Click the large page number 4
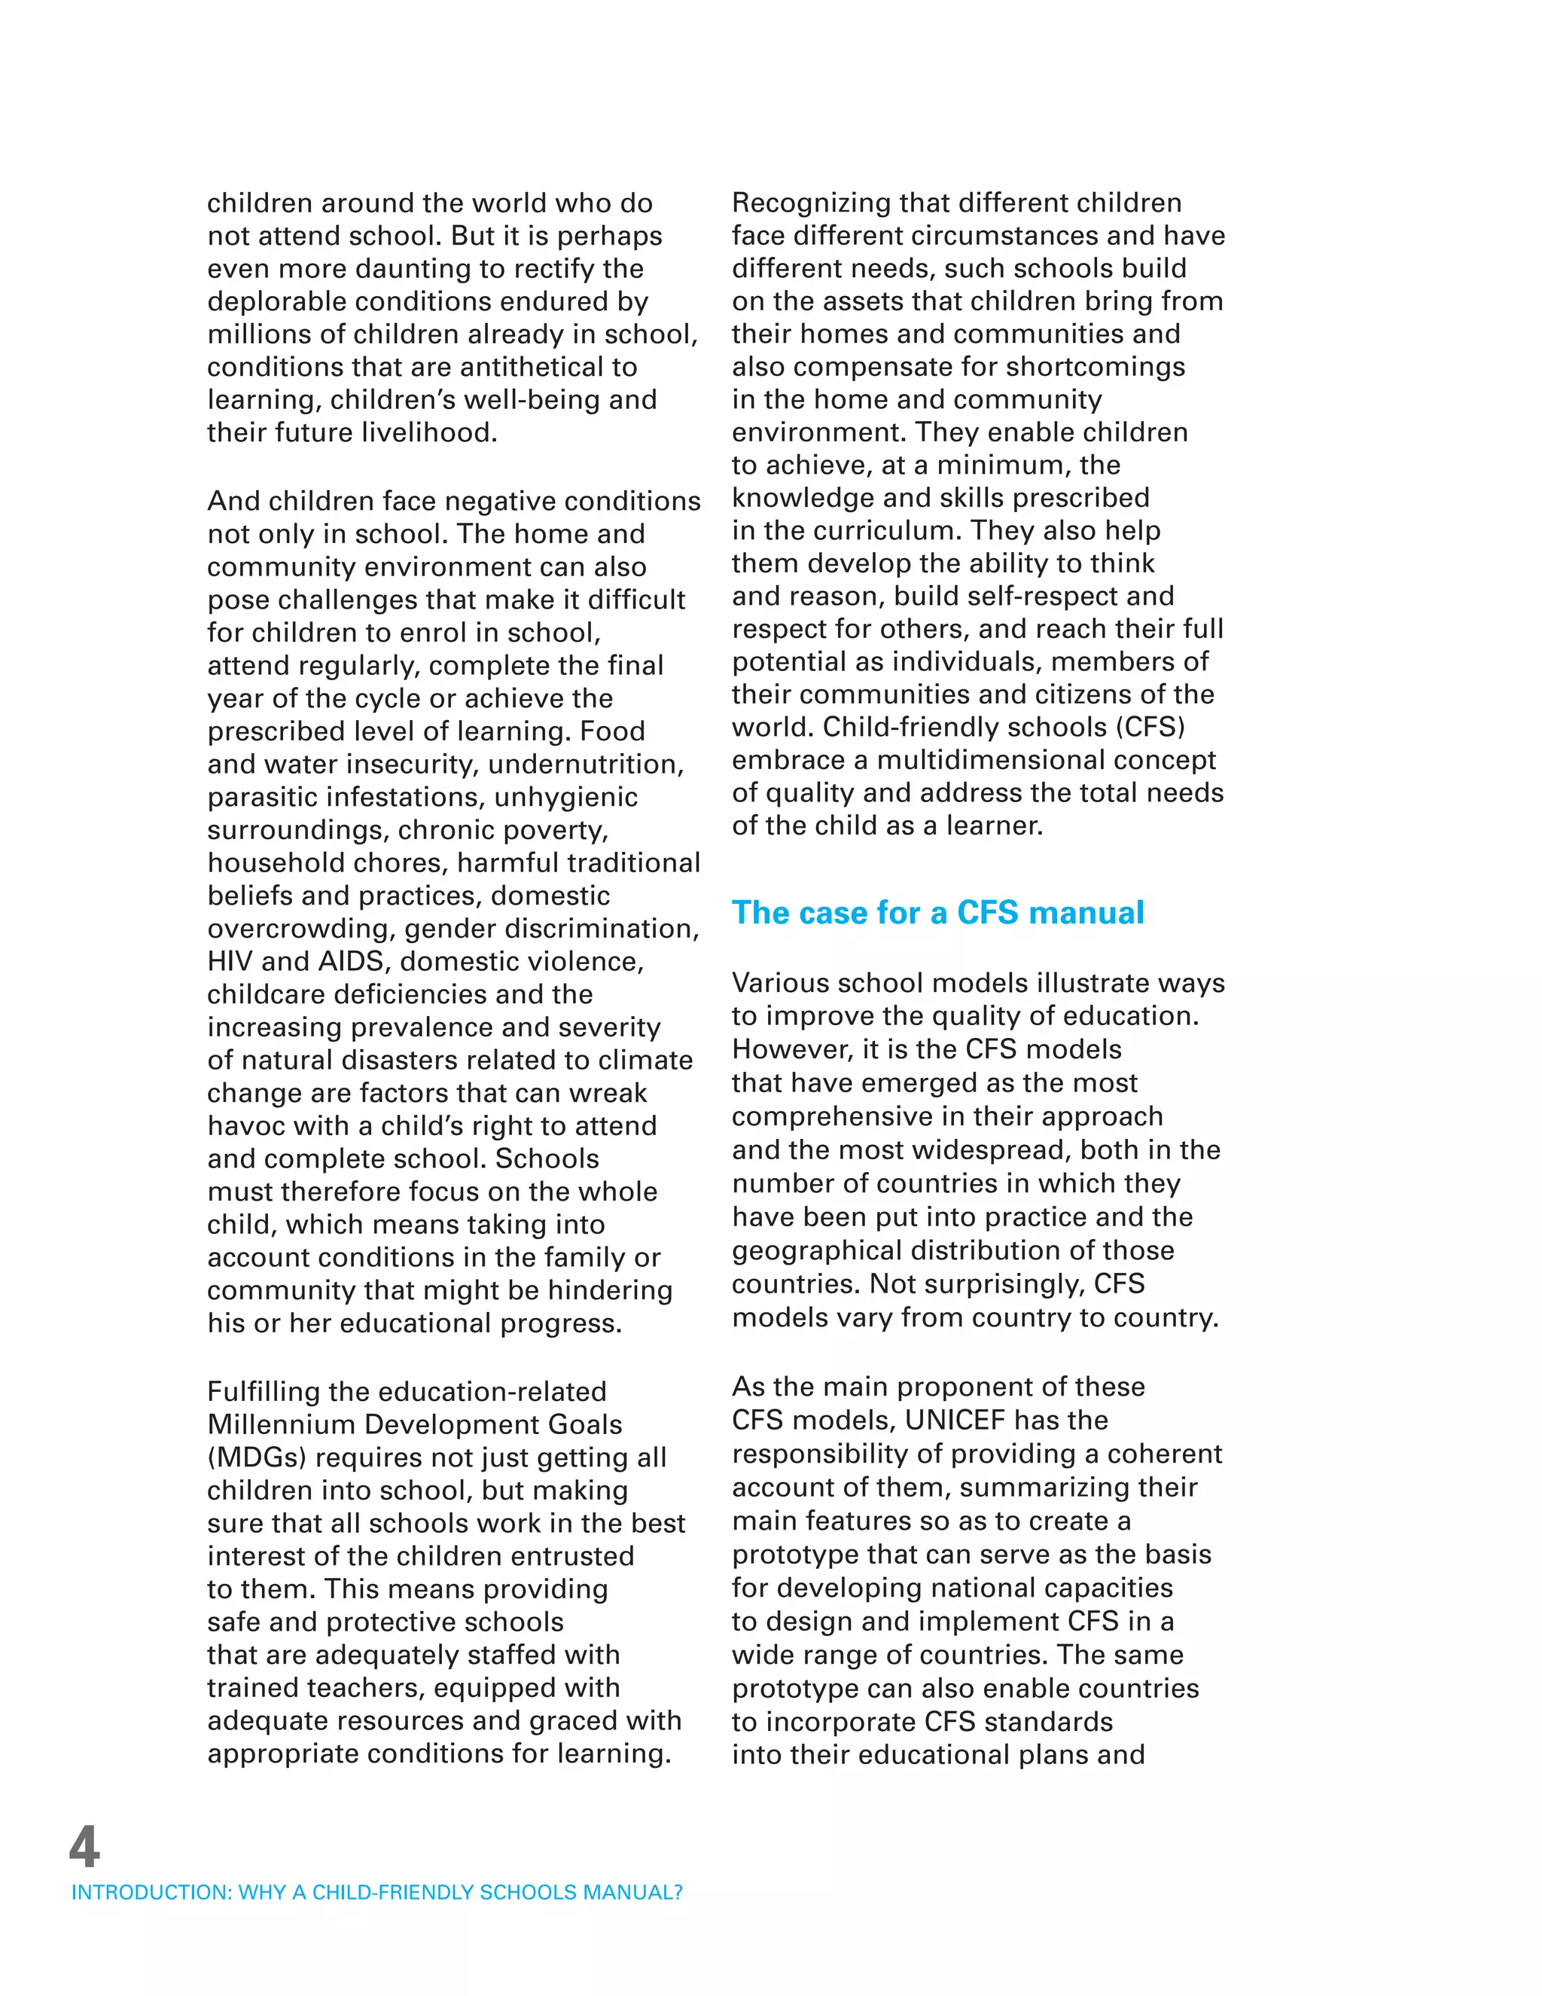[84, 1847]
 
